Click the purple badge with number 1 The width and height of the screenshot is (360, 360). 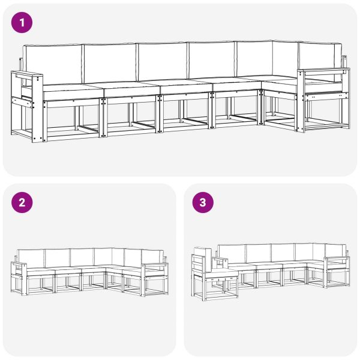pyautogui.click(x=22, y=23)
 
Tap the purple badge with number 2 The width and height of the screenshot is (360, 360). pyautogui.click(x=22, y=203)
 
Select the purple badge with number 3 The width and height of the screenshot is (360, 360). pyautogui.click(x=202, y=203)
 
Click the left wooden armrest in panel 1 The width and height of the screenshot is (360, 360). pyautogui.click(x=27, y=76)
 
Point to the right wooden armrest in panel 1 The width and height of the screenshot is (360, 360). pyautogui.click(x=324, y=72)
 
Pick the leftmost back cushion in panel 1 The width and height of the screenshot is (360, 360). pyautogui.click(x=53, y=65)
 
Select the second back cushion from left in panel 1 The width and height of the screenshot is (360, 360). pyautogui.click(x=109, y=63)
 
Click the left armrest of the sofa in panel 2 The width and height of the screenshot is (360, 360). pyautogui.click(x=20, y=265)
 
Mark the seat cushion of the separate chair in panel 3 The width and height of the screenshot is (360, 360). pyautogui.click(x=221, y=274)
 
